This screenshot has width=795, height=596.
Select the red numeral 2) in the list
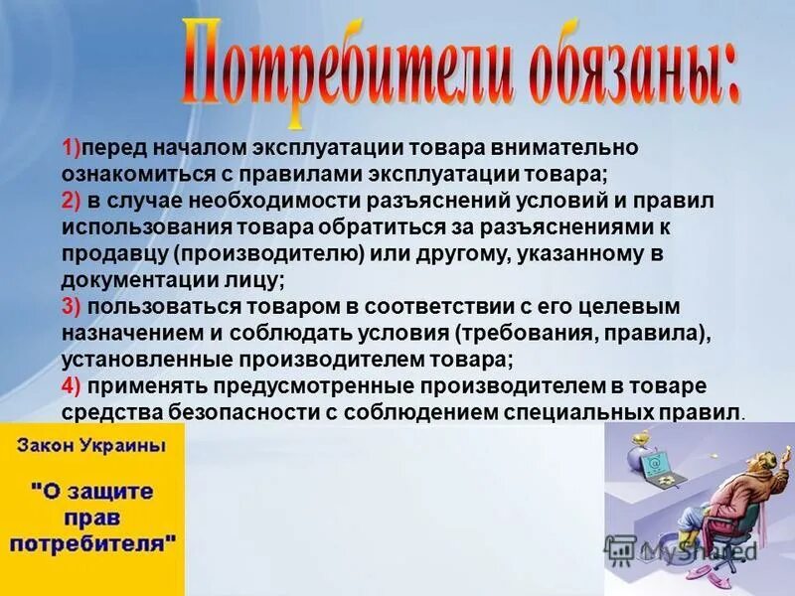point(72,201)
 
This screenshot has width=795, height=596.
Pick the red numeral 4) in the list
point(72,384)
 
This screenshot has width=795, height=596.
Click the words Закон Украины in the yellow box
point(90,446)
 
